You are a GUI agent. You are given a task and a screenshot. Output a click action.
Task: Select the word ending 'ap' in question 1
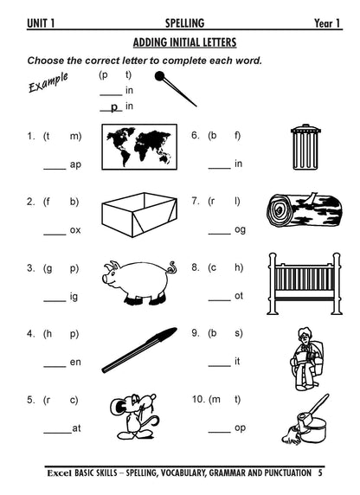coord(75,164)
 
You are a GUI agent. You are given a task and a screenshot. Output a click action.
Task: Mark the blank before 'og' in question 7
coord(219,230)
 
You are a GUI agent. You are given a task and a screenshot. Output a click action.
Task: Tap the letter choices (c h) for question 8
coord(224,267)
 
